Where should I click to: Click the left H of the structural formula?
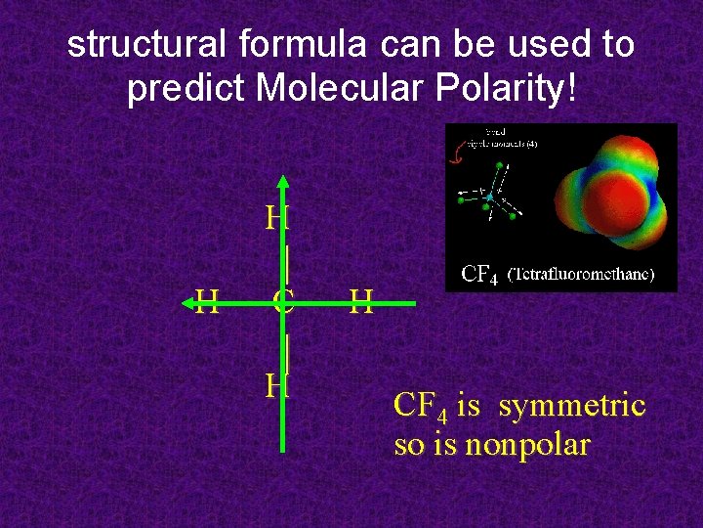tap(207, 302)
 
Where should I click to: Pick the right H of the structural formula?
tap(361, 302)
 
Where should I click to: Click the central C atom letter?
tap(283, 302)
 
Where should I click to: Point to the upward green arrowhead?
tap(283, 182)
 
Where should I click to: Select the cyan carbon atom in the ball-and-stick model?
tap(491, 197)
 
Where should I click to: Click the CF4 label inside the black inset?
tap(479, 275)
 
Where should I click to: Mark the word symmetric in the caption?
tap(572, 405)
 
